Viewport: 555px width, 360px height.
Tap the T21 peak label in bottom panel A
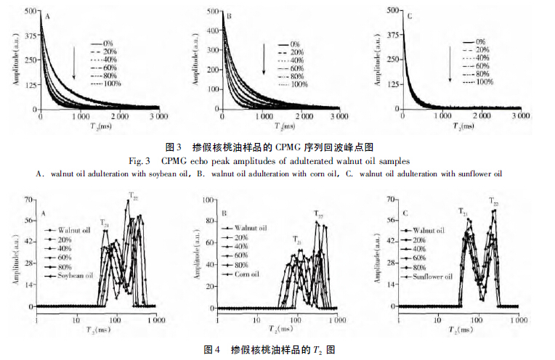(x=105, y=223)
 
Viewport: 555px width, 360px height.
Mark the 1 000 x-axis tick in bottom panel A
(x=153, y=318)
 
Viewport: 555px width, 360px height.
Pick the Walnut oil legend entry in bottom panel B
(x=251, y=227)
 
